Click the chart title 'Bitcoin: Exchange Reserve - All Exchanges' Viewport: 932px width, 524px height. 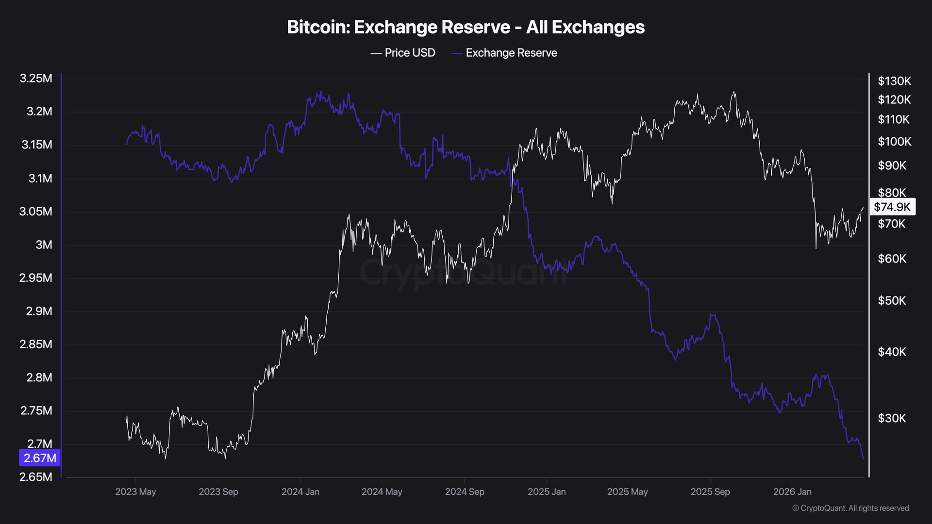pos(466,27)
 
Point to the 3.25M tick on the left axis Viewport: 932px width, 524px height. pos(36,79)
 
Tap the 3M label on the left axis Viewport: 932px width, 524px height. pos(44,245)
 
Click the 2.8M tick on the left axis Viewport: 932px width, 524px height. pos(39,377)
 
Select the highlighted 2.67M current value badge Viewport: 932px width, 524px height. pos(40,458)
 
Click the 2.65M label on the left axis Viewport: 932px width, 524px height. pos(36,477)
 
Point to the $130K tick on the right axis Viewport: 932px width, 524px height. pos(894,81)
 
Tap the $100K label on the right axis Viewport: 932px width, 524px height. pos(894,142)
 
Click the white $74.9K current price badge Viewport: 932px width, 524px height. pos(892,207)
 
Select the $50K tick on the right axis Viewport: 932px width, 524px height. pos(892,301)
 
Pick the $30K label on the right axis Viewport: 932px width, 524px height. pos(892,418)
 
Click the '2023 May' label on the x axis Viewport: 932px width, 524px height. pos(135,492)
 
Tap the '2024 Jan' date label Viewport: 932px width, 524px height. pos(300,492)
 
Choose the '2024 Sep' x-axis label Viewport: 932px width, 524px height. pos(465,492)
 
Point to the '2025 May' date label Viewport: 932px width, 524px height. pos(627,492)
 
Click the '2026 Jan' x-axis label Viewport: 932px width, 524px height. pos(792,492)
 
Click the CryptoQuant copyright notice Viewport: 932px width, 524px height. pos(850,508)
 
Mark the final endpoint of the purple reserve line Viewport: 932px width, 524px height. pos(864,458)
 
